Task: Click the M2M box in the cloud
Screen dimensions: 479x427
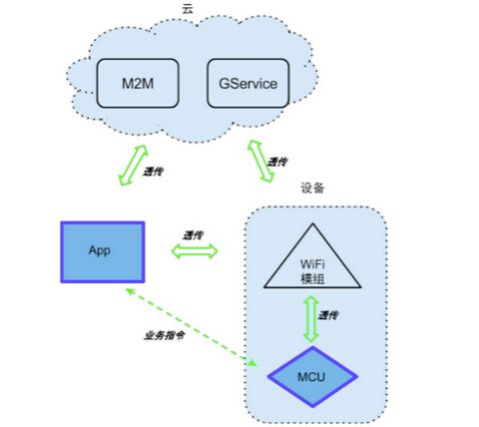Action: (138, 83)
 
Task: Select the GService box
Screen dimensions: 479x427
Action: (247, 83)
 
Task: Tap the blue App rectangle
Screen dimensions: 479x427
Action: (103, 252)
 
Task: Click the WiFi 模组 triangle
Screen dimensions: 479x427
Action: (312, 262)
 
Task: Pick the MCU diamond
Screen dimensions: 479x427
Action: (312, 377)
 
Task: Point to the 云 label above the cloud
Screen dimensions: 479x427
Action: (187, 8)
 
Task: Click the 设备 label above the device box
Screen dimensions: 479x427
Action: (312, 188)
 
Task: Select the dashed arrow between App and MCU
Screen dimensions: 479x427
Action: (192, 327)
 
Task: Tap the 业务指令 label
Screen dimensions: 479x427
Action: (164, 335)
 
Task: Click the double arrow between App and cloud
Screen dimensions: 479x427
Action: (134, 165)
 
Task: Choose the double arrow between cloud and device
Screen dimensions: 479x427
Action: (260, 161)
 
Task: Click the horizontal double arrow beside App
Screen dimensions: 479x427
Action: (195, 251)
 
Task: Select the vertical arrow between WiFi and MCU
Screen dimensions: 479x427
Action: (311, 319)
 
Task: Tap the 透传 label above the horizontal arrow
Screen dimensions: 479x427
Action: (193, 235)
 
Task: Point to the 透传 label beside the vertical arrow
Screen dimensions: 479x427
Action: (328, 315)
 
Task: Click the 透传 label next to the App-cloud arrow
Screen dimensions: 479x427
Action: (153, 172)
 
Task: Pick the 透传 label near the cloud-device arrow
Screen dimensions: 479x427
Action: (277, 162)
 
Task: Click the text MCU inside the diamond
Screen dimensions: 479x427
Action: (311, 377)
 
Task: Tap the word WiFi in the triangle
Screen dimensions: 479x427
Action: (312, 264)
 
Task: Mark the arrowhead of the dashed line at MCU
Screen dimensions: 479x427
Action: (252, 363)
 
